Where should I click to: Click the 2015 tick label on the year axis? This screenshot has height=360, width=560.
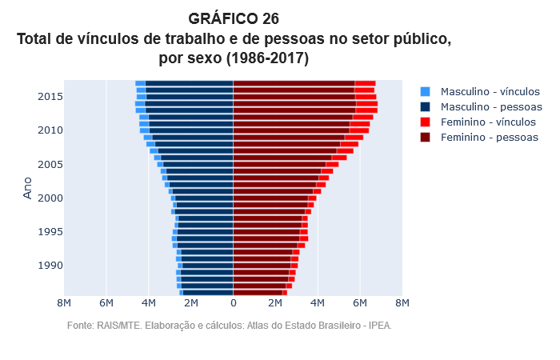click(50, 97)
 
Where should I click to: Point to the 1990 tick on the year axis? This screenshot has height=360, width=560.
click(50, 266)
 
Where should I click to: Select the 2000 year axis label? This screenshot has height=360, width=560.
click(50, 198)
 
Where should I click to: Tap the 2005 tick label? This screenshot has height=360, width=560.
click(50, 165)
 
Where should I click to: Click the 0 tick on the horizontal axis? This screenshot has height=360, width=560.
click(233, 303)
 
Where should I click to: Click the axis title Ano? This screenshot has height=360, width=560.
click(28, 189)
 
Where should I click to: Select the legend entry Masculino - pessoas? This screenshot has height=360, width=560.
click(491, 107)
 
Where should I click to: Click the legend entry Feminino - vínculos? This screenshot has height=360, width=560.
click(488, 122)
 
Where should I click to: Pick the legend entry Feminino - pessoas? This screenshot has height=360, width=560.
click(489, 138)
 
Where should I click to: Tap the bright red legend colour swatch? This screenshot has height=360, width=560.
click(425, 122)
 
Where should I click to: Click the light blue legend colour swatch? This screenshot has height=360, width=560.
click(425, 92)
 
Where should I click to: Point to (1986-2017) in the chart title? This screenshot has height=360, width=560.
click(267, 58)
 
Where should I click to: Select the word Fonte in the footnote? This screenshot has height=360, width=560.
click(81, 326)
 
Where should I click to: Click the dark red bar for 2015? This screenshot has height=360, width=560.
click(294, 97)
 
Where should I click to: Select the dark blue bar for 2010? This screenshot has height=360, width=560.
click(191, 130)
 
